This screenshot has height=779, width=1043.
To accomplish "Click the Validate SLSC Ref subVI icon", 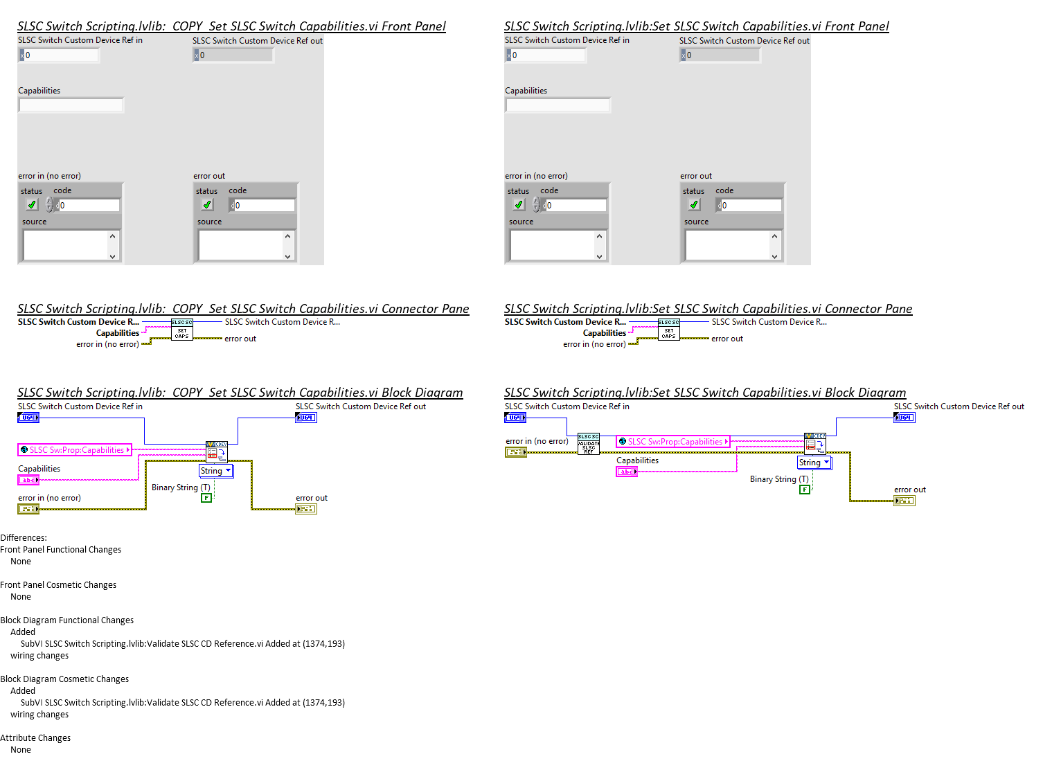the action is click(x=588, y=444).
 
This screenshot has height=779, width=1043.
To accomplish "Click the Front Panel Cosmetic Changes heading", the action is click(x=58, y=585).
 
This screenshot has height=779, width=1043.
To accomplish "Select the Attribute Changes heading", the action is click(x=35, y=738).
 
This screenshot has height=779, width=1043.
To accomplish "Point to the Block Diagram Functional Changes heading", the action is click(x=66, y=620).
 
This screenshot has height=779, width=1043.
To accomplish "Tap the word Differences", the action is click(x=24, y=538).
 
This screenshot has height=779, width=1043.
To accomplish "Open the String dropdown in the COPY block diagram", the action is click(x=216, y=471).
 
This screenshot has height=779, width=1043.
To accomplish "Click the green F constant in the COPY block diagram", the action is click(x=206, y=498).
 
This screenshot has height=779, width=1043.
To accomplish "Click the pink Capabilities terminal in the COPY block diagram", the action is click(x=28, y=480).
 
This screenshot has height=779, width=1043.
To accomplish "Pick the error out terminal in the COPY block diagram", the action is click(x=306, y=509).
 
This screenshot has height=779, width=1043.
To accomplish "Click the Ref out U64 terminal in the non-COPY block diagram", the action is click(x=904, y=418).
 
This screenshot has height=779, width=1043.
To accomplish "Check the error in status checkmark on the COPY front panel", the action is click(x=32, y=205).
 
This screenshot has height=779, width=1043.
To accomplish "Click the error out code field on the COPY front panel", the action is click(x=264, y=206).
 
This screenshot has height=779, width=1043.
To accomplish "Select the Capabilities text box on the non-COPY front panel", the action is click(x=558, y=105).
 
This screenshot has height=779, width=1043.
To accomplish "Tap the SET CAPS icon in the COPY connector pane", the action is click(x=182, y=330).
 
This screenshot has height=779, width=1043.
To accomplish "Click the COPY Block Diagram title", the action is click(x=240, y=393).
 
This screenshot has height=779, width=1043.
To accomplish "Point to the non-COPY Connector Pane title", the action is click(x=708, y=309).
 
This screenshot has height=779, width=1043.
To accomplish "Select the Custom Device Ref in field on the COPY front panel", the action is click(x=60, y=55).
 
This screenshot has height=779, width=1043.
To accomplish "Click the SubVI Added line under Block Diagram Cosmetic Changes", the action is click(x=182, y=703).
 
